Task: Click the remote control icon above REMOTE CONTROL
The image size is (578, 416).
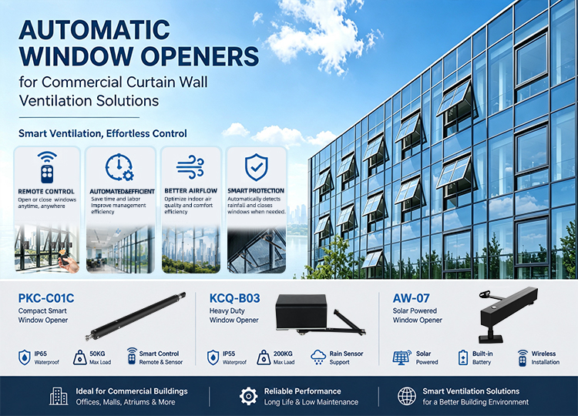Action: pyautogui.click(x=47, y=167)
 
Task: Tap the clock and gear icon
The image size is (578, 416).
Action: pyautogui.click(x=119, y=167)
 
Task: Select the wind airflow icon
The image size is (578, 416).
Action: pyautogui.click(x=190, y=167)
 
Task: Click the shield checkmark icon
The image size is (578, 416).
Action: pyautogui.click(x=256, y=167)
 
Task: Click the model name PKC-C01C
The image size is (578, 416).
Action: pyautogui.click(x=46, y=298)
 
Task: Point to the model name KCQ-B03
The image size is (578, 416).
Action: pyautogui.click(x=234, y=298)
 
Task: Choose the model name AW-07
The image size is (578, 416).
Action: pyautogui.click(x=411, y=298)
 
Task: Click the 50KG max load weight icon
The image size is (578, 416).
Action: pyautogui.click(x=79, y=357)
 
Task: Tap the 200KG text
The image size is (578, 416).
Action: pyautogui.click(x=283, y=354)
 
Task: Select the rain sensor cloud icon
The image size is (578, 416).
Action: pyautogui.click(x=318, y=357)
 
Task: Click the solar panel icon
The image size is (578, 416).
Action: pyautogui.click(x=402, y=357)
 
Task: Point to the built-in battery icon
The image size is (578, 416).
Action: pyautogui.click(x=462, y=357)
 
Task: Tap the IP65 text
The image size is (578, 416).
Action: pyautogui.click(x=41, y=354)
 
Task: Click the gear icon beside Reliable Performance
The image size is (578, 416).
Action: pyautogui.click(x=248, y=396)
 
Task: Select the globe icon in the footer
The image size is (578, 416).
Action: pyautogui.click(x=407, y=396)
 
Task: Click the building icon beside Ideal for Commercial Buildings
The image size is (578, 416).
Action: pyautogui.click(x=59, y=396)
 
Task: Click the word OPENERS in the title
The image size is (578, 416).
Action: pyautogui.click(x=200, y=56)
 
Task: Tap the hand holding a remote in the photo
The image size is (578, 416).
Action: pyautogui.click(x=69, y=262)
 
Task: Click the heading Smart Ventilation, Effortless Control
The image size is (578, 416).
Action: pyautogui.click(x=102, y=133)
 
